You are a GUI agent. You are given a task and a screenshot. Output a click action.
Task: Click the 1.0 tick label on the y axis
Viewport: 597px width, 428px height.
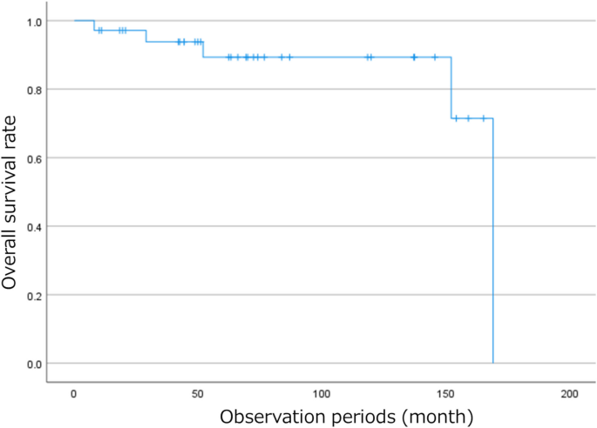[x=33, y=20]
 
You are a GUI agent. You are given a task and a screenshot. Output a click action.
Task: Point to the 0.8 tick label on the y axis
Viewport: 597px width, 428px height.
[x=33, y=89]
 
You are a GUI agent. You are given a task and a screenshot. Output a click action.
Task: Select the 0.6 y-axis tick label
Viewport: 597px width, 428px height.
[x=33, y=157]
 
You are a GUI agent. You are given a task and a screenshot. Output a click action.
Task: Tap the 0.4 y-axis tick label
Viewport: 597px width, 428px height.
[x=33, y=226]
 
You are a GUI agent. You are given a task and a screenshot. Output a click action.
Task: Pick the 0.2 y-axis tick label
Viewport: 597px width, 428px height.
[x=33, y=295]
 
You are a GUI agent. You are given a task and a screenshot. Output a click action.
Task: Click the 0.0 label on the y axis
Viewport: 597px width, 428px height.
[x=33, y=364]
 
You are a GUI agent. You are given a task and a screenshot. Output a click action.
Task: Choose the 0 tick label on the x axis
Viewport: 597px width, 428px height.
[x=74, y=394]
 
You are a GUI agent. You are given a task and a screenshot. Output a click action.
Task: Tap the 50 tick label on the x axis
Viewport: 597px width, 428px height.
[x=197, y=394]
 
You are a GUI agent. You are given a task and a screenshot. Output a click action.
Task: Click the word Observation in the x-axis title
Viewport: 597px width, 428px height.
[x=270, y=416]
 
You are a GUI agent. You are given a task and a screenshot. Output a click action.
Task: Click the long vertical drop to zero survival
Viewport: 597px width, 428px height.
[x=493, y=244]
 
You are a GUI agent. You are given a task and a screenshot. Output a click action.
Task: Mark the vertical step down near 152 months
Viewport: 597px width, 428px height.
[x=451, y=88]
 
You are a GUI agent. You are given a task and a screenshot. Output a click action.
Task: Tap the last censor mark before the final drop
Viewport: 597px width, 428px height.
[x=483, y=118]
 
